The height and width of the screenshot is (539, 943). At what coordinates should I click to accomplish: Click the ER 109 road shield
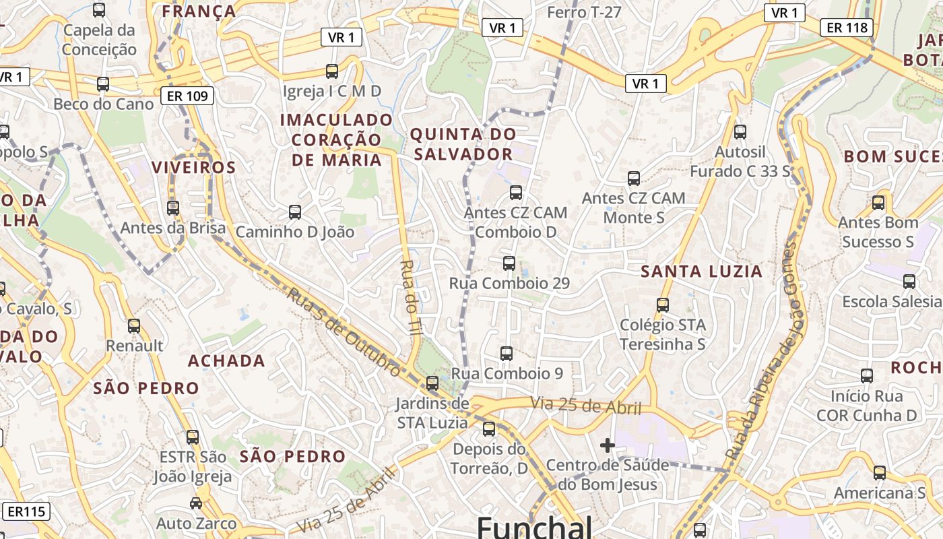(x=187, y=96)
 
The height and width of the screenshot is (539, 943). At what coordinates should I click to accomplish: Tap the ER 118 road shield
(x=847, y=28)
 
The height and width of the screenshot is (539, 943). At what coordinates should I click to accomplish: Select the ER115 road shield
(x=28, y=511)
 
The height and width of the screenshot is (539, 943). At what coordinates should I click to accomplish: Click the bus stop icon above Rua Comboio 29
(x=509, y=263)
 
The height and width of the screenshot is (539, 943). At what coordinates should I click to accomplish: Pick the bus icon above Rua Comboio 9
(x=507, y=353)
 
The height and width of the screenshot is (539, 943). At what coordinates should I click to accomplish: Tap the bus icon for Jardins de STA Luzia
(x=432, y=383)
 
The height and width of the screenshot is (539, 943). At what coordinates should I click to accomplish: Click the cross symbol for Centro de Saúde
(x=607, y=445)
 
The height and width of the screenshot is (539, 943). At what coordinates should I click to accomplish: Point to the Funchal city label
(x=535, y=526)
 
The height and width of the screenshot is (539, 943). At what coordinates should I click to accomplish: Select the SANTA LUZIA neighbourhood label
(x=701, y=272)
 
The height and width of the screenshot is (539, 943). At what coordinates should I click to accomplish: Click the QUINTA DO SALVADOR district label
(x=463, y=144)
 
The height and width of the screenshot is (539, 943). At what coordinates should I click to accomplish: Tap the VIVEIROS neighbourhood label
(x=193, y=168)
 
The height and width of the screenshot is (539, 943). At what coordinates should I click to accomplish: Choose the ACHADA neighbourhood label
(x=226, y=361)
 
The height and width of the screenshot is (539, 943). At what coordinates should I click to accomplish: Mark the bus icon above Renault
(x=134, y=326)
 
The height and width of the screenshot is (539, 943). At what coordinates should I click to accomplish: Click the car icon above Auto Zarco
(x=196, y=503)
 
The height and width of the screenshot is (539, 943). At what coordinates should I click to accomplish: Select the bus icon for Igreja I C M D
(x=332, y=71)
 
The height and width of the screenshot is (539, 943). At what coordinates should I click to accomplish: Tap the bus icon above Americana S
(x=880, y=473)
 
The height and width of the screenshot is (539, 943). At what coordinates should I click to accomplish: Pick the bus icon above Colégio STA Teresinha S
(x=663, y=305)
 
